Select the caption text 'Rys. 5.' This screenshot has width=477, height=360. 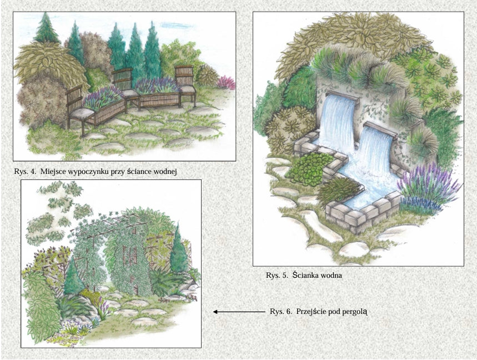coord(277,276)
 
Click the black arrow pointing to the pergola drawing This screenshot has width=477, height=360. coord(239,312)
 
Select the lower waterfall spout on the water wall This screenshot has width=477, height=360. coord(380,129)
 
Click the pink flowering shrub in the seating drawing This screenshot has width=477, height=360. coord(227,82)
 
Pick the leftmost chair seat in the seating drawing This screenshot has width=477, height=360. coord(81,113)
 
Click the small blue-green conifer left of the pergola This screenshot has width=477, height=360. coord(73,276)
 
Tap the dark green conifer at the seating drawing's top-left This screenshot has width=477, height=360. coord(46,28)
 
